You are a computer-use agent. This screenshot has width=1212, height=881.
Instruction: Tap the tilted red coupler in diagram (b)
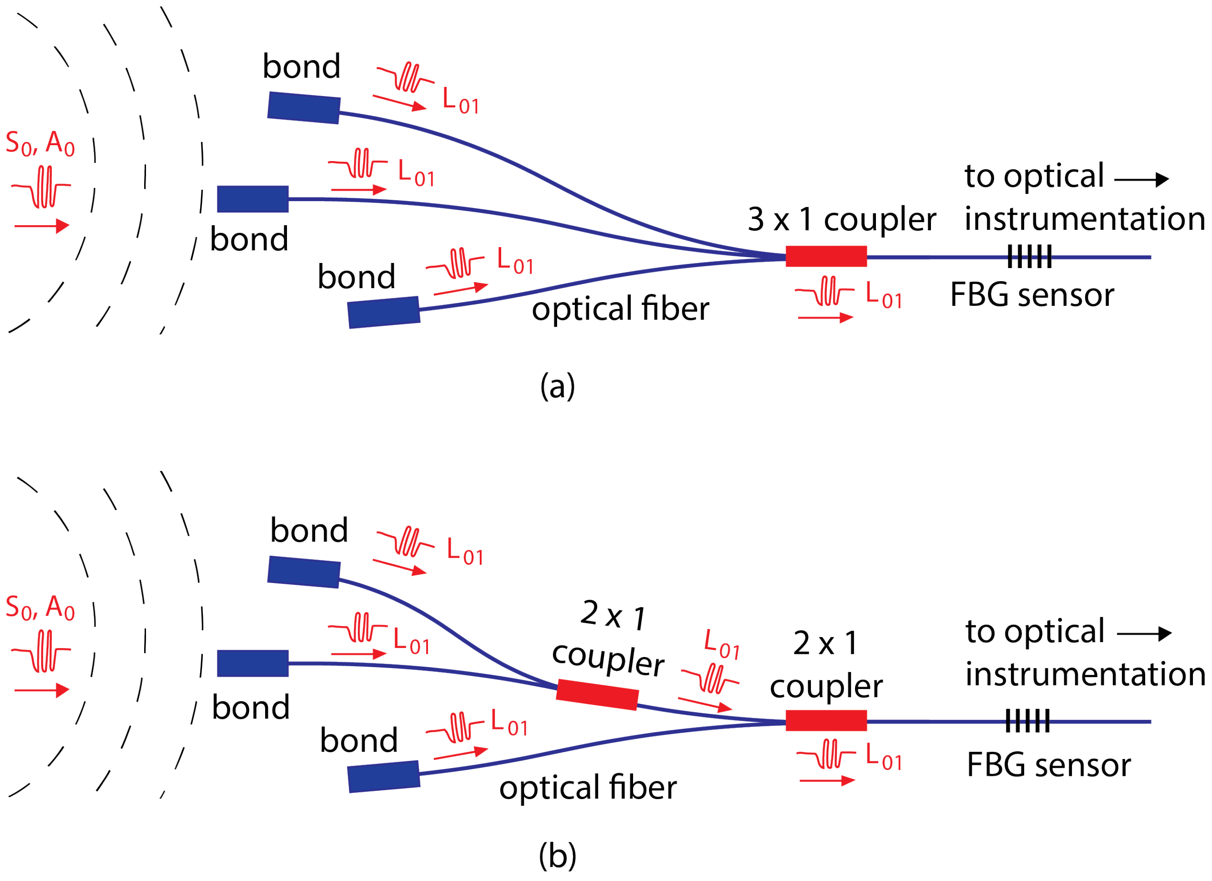[x=597, y=694]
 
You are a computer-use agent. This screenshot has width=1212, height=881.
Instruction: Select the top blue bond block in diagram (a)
[x=303, y=107]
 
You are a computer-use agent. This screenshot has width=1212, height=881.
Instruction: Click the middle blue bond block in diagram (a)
[x=253, y=199]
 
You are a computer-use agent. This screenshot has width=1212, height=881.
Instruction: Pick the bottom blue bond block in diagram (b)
[x=384, y=776]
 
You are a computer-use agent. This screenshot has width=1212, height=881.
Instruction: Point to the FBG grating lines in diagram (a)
[x=1029, y=257]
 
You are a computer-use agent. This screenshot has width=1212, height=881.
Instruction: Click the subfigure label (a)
[x=558, y=385]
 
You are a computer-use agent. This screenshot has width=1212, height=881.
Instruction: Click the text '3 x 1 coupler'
[x=842, y=219]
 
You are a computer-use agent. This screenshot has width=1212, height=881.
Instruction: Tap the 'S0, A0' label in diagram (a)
[x=40, y=143]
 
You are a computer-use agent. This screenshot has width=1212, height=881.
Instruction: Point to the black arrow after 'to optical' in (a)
[x=1142, y=180]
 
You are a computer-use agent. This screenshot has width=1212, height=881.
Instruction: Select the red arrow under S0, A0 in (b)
[x=42, y=690]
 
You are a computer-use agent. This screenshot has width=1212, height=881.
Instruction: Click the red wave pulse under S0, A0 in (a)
[x=42, y=187]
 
